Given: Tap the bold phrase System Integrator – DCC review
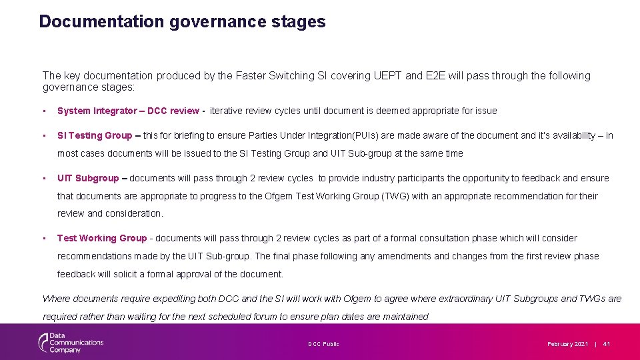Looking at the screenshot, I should point(128,111).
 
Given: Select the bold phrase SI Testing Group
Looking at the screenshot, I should point(95,135).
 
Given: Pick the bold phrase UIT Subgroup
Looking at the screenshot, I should point(88,178).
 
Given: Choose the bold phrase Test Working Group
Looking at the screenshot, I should point(102,238).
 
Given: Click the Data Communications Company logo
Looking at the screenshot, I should point(70,342).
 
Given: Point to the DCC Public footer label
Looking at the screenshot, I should point(323,344).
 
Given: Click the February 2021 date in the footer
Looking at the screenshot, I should point(567,344).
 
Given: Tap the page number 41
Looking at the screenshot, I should point(607,344).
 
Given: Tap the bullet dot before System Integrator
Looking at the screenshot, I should point(43,111).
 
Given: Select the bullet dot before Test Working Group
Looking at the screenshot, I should point(43,238).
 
